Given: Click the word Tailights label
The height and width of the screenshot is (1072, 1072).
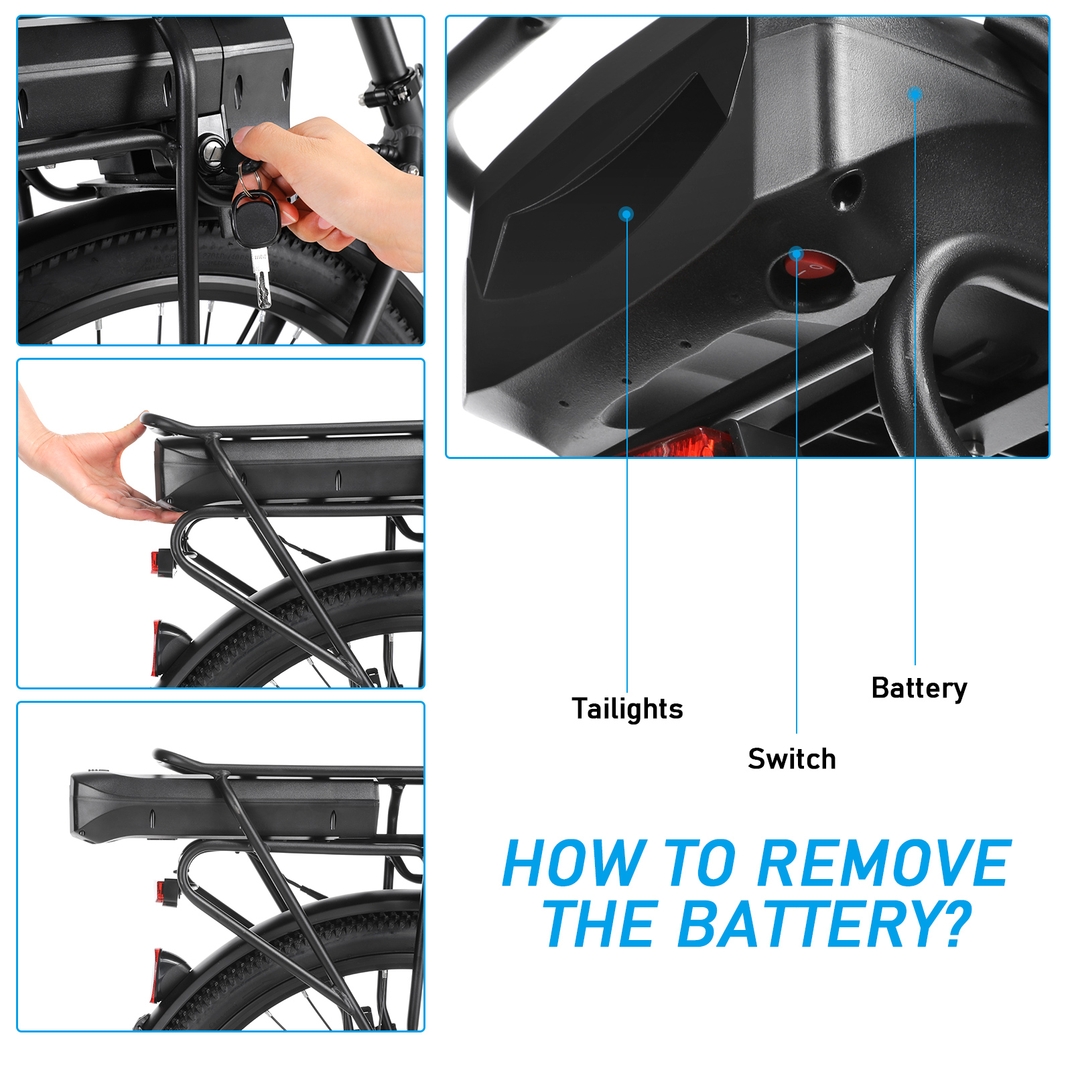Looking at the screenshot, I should pos(627,709).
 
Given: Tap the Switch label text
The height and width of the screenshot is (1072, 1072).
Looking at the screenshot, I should pos(791,759).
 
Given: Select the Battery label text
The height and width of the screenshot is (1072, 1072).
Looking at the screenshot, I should pos(919,688).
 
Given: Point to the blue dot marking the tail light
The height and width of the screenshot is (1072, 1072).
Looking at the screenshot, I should pos(626,214).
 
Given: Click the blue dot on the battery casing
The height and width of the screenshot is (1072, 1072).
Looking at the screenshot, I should pos(915,94).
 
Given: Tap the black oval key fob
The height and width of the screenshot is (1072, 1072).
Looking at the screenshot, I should pos(255,218).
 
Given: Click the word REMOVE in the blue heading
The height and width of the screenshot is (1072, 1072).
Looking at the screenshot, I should pos(883,864).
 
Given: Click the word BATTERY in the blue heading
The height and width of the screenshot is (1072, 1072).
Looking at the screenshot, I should pos(811,925).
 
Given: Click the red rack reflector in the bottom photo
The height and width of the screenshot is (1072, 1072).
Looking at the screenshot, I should pos(164,891).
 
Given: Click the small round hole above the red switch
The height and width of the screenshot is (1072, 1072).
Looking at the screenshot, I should pos(846,187).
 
